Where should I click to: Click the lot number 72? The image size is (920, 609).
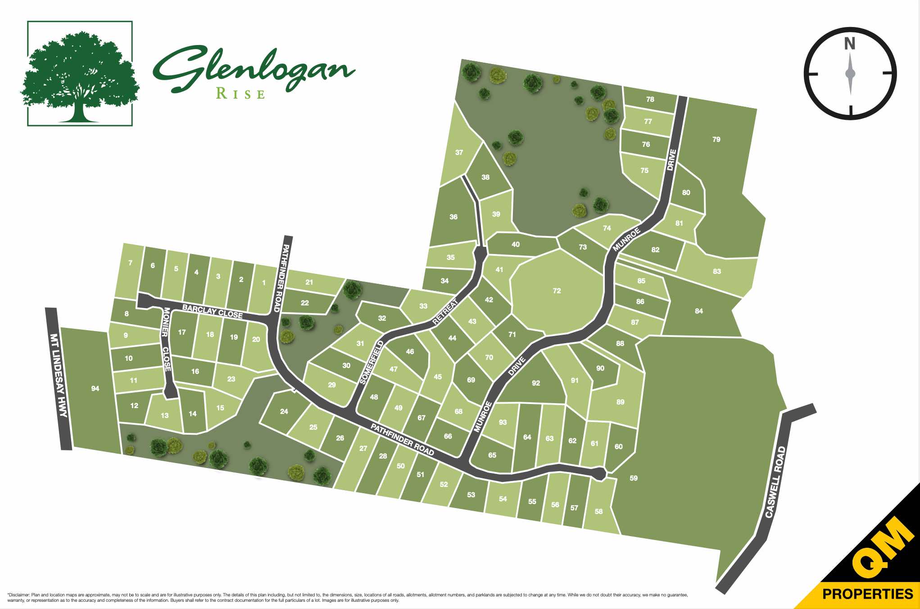pyautogui.click(x=557, y=291)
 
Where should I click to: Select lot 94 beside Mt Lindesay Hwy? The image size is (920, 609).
pyautogui.click(x=95, y=388)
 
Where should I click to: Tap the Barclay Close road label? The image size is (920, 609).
pyautogui.click(x=212, y=311)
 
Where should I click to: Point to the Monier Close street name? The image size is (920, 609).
pyautogui.click(x=166, y=339)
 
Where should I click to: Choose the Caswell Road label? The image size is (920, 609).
pyautogui.click(x=775, y=482)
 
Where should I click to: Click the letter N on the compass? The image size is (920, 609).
pyautogui.click(x=849, y=44)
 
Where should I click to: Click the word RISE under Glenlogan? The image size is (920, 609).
pyautogui.click(x=240, y=94)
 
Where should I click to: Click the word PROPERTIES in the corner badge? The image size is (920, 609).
pyautogui.click(x=867, y=594)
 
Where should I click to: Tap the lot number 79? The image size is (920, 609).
pyautogui.click(x=716, y=140)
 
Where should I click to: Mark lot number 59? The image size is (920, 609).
pyautogui.click(x=633, y=478)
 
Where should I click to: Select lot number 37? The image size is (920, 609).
pyautogui.click(x=459, y=152)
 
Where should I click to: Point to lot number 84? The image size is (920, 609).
pyautogui.click(x=698, y=311)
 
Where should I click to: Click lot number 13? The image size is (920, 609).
pyautogui.click(x=164, y=415)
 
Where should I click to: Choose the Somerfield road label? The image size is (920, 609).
pyautogui.click(x=372, y=362)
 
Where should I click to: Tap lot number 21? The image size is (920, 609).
pyautogui.click(x=309, y=282)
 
